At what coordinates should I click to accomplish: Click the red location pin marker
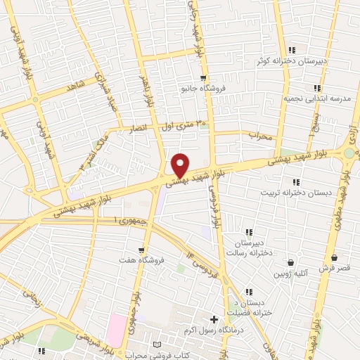[181, 165]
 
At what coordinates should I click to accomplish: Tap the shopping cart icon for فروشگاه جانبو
[203, 78]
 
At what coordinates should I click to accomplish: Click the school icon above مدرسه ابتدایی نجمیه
[317, 88]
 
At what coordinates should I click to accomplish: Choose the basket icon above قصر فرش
[333, 258]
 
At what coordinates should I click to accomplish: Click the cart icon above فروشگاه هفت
[142, 250]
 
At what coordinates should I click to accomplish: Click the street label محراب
[259, 136]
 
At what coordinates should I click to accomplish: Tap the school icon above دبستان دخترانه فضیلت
[248, 291]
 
